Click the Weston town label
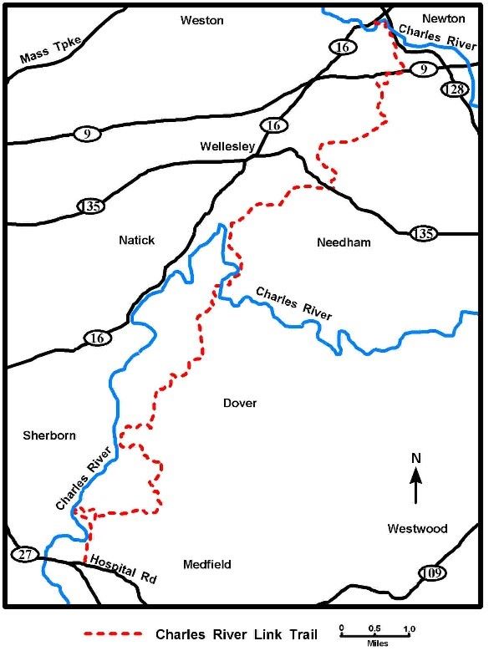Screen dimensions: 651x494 [203, 20]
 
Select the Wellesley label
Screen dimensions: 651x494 [227, 146]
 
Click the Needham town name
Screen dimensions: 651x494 [344, 243]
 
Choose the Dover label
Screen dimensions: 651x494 [240, 404]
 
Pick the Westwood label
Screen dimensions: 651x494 [417, 529]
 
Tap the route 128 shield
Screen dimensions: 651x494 [455, 90]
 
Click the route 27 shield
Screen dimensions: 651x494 [23, 554]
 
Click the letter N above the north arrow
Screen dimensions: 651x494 [415, 458]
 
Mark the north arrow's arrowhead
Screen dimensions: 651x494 [415, 474]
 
